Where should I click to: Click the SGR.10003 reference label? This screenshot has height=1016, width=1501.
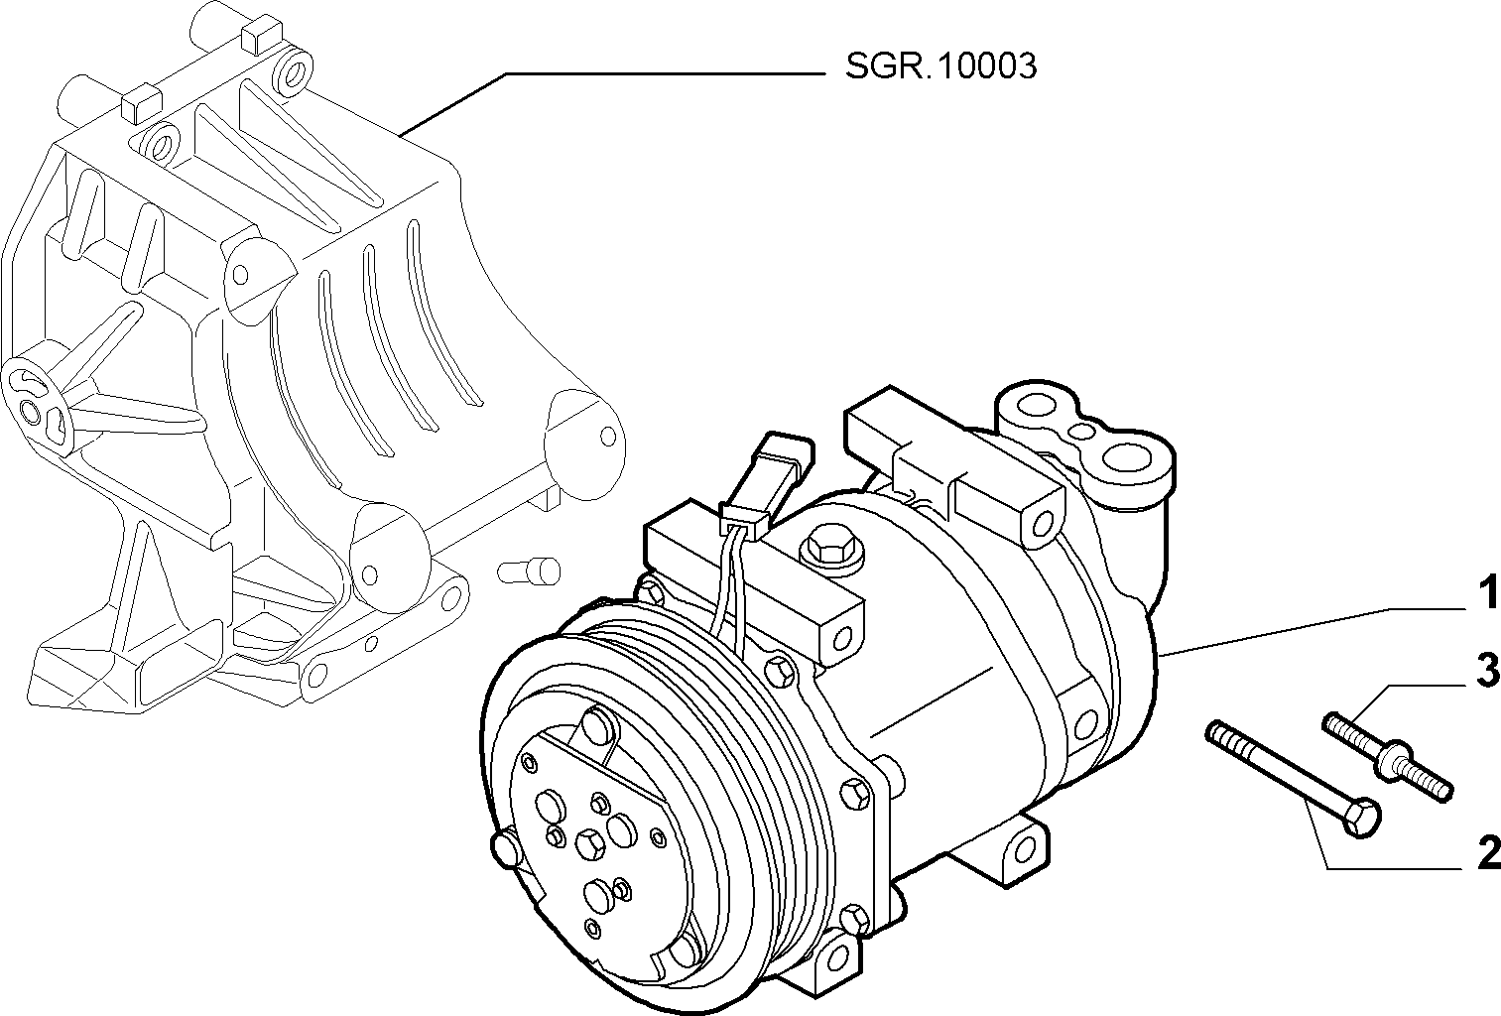(940, 66)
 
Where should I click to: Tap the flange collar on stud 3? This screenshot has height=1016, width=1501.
(1392, 760)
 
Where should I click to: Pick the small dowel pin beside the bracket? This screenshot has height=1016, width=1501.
(529, 571)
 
